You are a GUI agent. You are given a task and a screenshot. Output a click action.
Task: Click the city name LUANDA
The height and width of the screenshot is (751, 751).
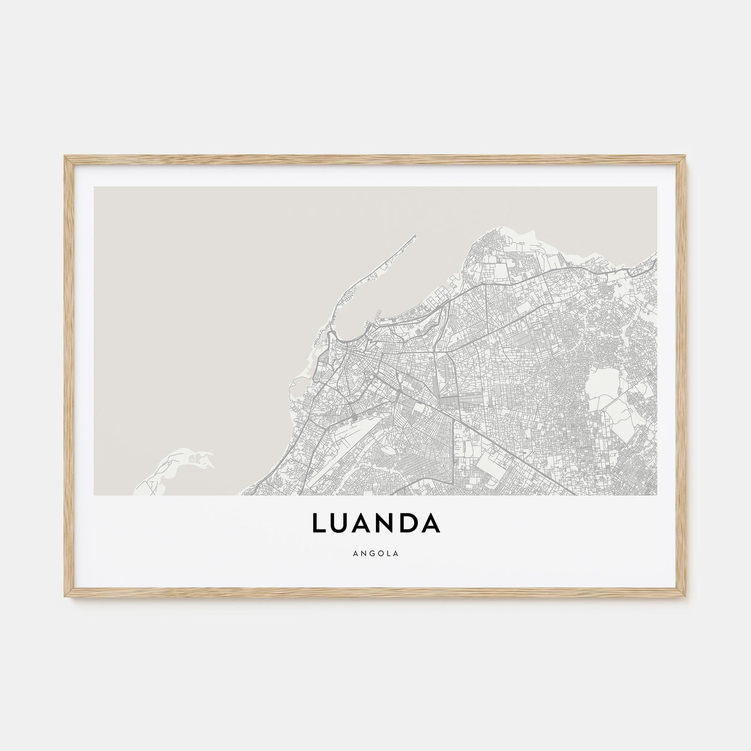[375, 524]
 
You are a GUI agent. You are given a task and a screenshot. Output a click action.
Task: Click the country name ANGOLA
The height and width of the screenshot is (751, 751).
[376, 555]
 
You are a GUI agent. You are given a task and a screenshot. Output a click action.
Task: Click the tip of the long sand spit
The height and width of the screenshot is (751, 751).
[414, 236]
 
